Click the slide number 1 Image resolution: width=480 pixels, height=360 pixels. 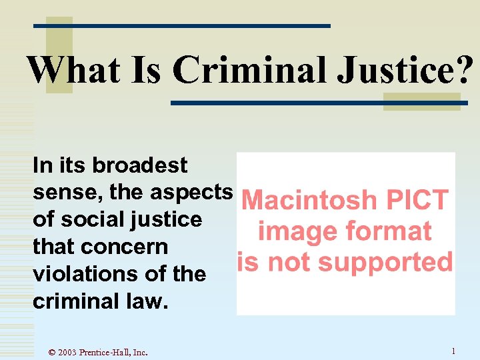coord(453,351)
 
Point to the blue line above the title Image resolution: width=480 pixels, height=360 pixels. coord(182,26)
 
